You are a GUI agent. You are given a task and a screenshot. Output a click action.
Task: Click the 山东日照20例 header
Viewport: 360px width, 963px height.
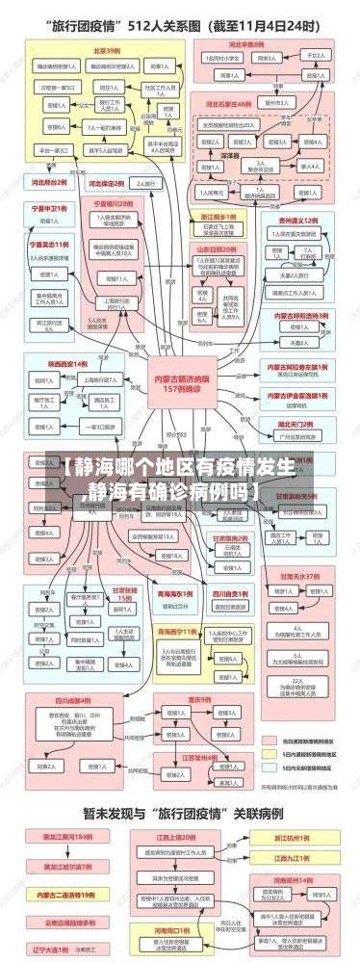[219, 247]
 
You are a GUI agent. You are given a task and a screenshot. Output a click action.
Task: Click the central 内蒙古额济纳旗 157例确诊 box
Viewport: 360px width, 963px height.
[179, 370]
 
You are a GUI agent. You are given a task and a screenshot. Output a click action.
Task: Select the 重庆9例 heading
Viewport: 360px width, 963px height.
[199, 700]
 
